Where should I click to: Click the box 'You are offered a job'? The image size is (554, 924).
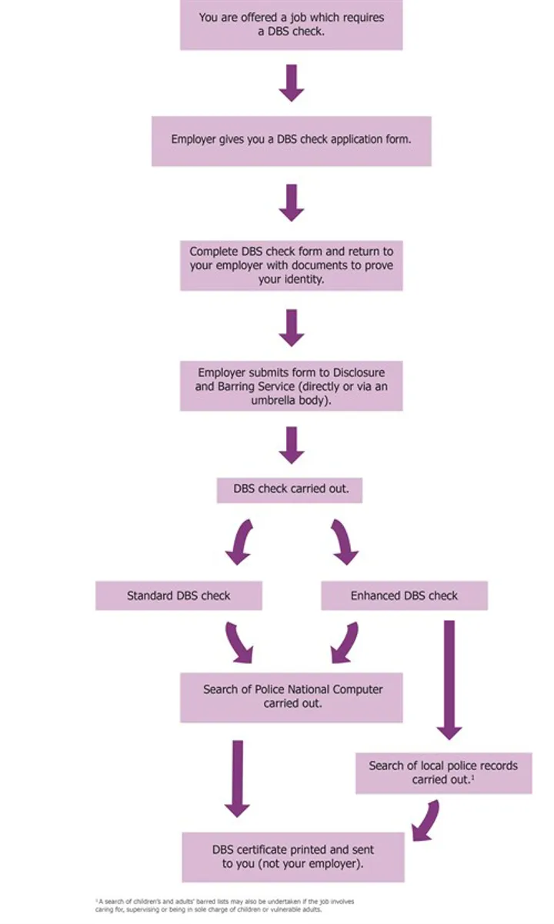point(291,25)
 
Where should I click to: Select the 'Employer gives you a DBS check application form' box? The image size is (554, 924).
point(291,141)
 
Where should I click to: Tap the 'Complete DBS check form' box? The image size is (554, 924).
point(291,265)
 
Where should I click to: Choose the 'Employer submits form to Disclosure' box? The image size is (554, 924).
point(291,385)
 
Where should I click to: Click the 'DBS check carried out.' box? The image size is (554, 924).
point(289,489)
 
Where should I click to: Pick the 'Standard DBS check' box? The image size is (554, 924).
point(179,595)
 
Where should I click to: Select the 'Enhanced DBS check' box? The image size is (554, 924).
point(404,595)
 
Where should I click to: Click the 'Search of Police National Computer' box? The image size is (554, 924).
point(291,697)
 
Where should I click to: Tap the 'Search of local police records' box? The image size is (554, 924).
point(443,772)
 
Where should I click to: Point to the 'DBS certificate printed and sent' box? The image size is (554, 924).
point(292,856)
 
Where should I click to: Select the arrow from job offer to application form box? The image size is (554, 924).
point(292,83)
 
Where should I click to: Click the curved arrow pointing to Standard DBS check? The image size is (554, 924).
point(240,541)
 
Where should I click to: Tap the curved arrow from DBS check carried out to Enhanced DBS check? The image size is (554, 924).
point(345,541)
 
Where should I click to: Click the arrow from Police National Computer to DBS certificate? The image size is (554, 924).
point(237,777)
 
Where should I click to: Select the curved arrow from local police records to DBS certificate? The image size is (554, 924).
point(426,820)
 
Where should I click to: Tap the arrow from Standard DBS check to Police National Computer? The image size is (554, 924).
point(239,642)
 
